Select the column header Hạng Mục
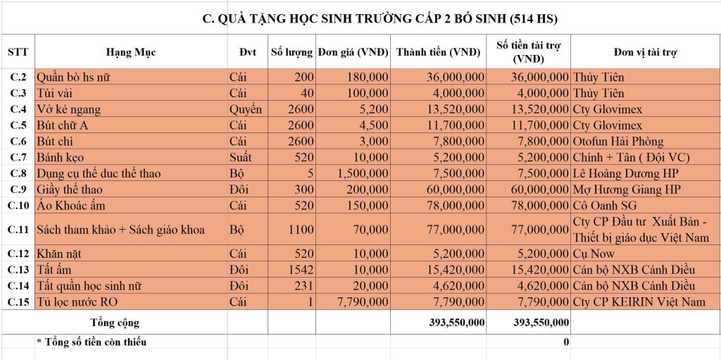(131, 53)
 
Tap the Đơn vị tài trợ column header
(645, 53)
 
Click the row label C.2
(18, 76)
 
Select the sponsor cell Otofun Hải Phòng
(618, 142)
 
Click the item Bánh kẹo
(60, 157)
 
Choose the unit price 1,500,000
(363, 173)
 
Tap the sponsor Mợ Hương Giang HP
(627, 190)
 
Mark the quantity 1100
(299, 230)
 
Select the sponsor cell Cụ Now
(594, 254)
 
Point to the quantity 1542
(299, 270)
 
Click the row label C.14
(18, 286)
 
